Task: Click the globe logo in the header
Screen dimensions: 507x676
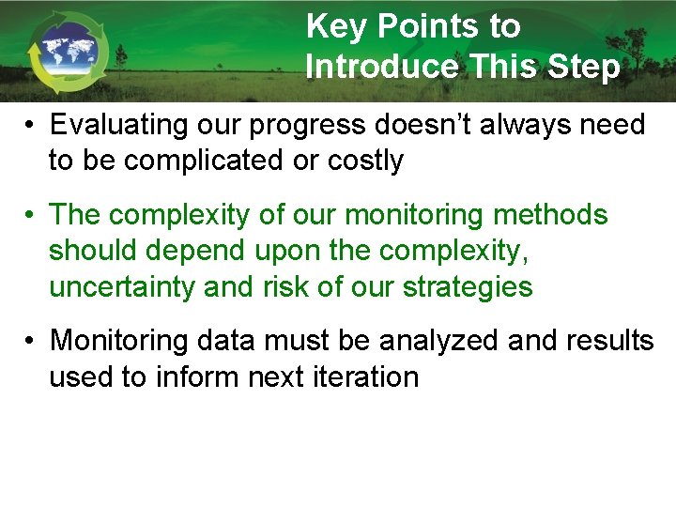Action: [68, 52]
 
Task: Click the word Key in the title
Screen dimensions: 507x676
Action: [335, 26]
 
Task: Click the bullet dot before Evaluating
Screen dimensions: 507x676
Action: [31, 125]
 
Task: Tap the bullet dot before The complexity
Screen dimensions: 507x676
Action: [31, 215]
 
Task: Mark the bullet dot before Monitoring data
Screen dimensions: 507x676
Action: [31, 341]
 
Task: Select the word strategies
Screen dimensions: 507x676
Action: [467, 286]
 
